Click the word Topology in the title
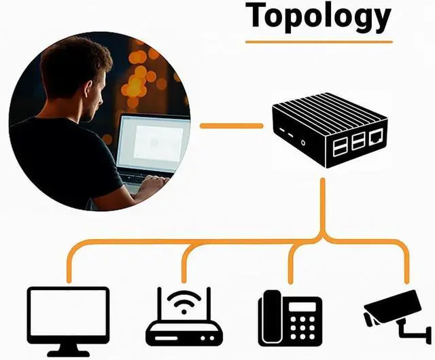[x=318, y=16]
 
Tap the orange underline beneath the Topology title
[x=318, y=41]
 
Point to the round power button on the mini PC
[x=302, y=143]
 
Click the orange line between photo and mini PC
[x=231, y=126]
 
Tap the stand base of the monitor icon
[x=68, y=353]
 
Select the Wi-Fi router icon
[x=184, y=319]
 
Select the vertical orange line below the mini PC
[x=324, y=204]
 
